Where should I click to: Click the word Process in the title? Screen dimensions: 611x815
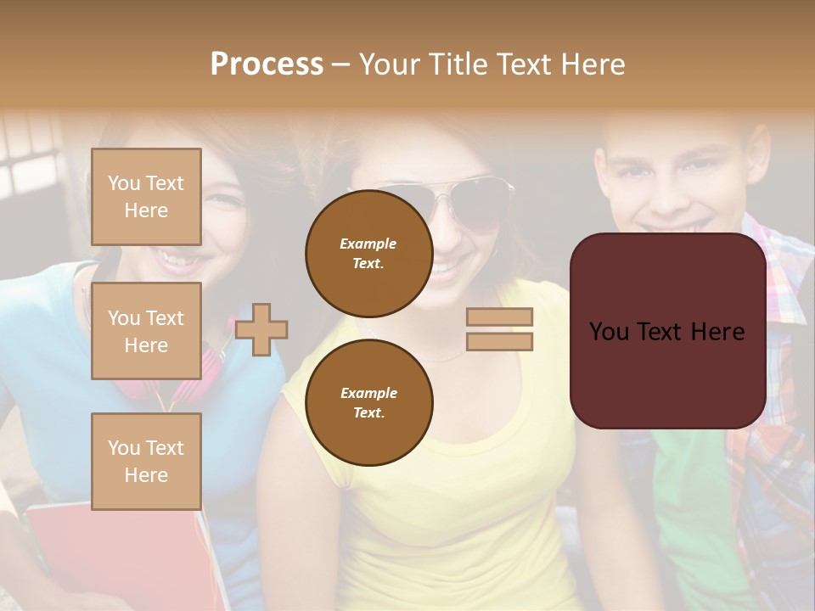267,64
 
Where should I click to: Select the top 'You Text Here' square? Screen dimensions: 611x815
146,197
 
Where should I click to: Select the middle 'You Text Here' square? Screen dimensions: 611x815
146,331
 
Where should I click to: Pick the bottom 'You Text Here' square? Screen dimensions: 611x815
146,461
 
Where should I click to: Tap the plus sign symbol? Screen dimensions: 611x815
261,329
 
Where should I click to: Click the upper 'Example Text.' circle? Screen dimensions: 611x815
368,254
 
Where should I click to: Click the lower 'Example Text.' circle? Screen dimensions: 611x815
368,402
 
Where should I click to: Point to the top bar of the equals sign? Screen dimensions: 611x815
499,317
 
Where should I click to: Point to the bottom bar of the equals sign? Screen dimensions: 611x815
499,341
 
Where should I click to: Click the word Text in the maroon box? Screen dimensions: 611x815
667,332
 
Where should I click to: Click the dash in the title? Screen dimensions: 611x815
340,64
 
